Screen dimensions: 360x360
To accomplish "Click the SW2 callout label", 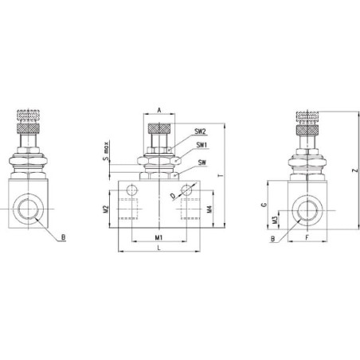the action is click(200, 131).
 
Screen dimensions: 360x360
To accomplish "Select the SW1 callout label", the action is click(202, 145).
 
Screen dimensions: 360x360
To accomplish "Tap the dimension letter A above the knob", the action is click(159, 110).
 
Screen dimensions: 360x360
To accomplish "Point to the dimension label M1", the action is click(158, 237).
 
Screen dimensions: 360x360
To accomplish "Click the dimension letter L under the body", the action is click(158, 248).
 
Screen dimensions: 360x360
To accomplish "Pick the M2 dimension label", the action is click(106, 209).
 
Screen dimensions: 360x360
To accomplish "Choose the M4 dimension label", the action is click(209, 209).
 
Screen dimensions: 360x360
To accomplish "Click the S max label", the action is click(106, 151).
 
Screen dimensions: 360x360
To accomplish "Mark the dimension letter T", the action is click(220, 175).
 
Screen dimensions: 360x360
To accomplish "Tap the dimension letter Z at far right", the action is click(355, 170).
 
